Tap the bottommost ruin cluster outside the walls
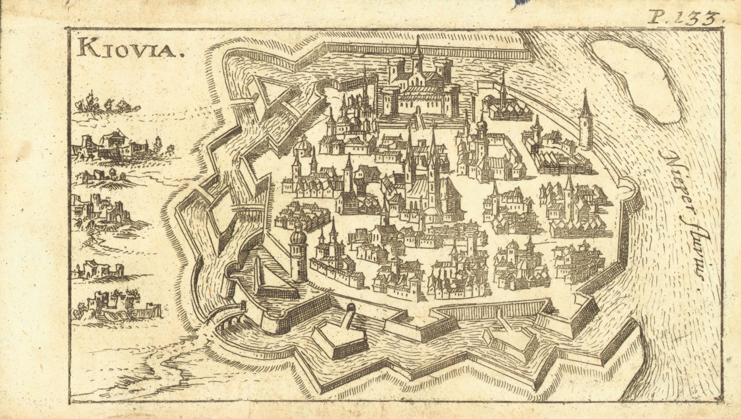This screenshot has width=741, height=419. click(116, 307)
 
